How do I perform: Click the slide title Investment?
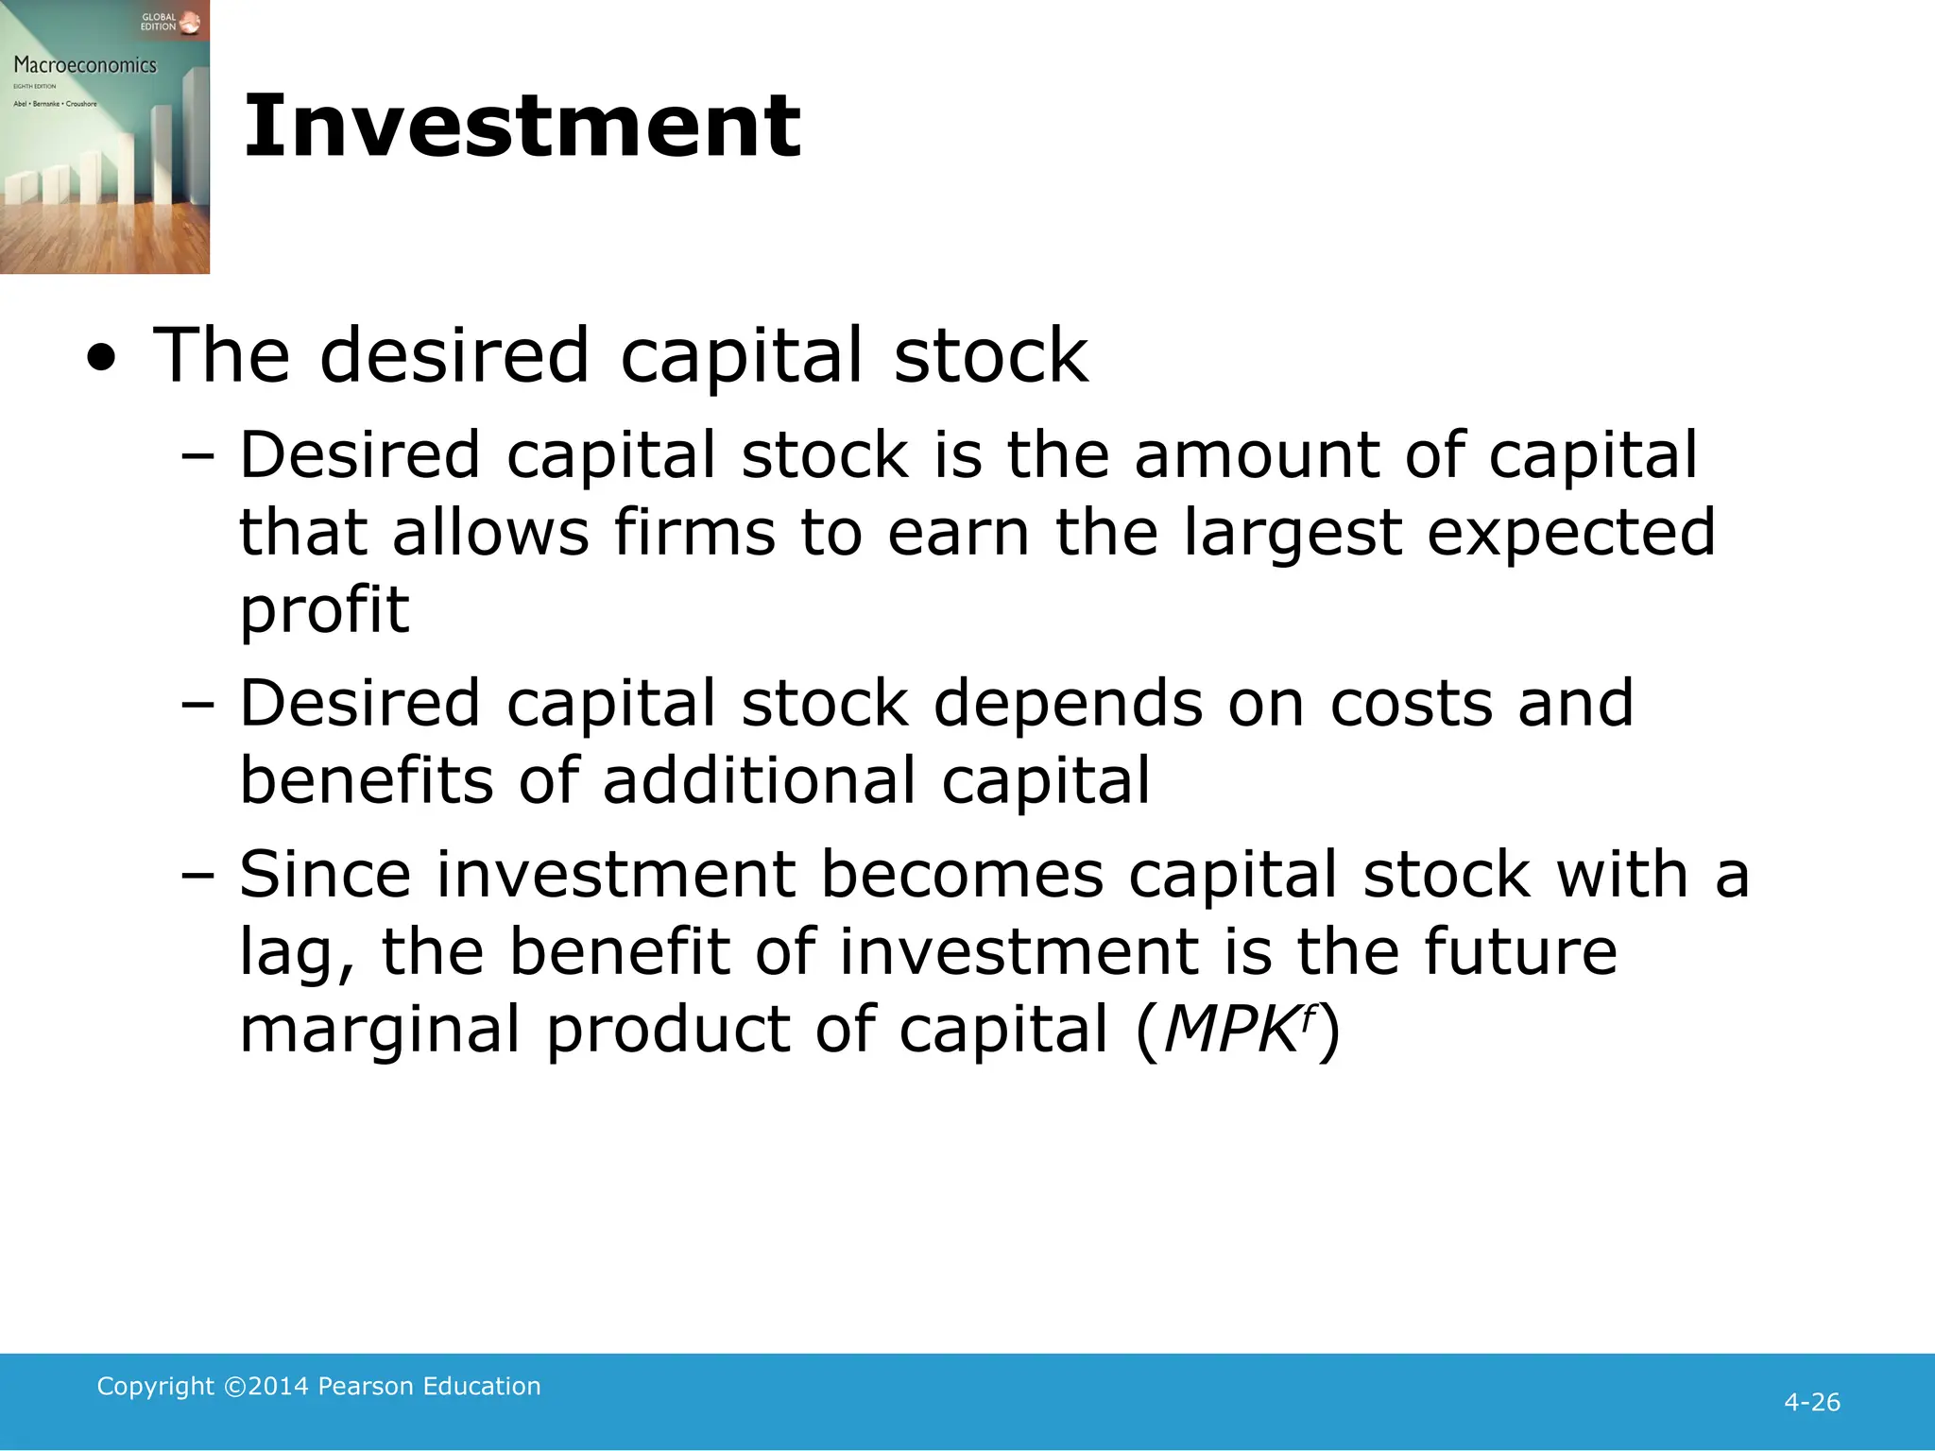click(522, 127)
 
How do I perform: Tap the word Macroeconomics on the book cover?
click(85, 65)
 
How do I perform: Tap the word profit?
click(324, 611)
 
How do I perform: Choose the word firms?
click(694, 532)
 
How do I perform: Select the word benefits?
click(367, 781)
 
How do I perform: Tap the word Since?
click(325, 874)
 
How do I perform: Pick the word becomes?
click(962, 874)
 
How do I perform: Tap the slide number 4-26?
click(1811, 1402)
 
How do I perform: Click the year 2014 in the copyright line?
click(278, 1386)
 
